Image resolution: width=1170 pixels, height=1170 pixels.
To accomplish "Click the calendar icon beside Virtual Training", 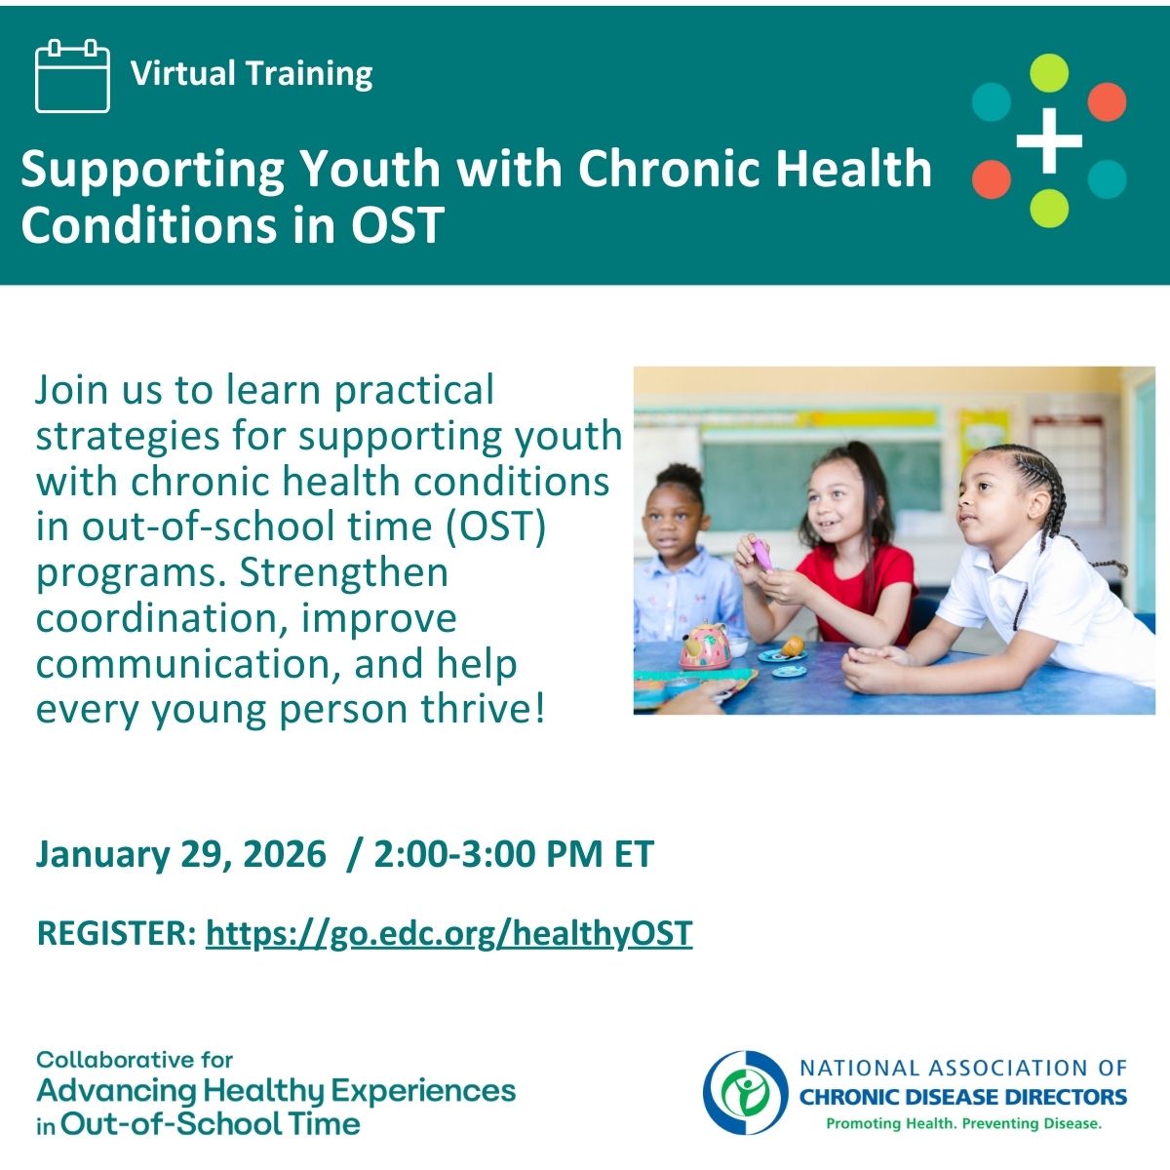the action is [x=73, y=76].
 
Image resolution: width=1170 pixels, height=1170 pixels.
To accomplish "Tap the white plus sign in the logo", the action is [x=1049, y=140].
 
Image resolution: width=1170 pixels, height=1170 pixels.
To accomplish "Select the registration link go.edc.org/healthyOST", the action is [x=448, y=934].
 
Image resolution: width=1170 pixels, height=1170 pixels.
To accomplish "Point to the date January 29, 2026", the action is [x=181, y=855].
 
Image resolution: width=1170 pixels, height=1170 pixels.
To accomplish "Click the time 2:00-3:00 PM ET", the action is [x=514, y=854].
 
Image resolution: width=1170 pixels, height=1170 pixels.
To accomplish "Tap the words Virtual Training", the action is [x=252, y=73].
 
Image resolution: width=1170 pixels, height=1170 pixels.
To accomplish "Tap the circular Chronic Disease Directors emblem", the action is [x=746, y=1093].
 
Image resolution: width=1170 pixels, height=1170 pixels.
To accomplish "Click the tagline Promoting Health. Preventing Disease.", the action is [x=964, y=1124].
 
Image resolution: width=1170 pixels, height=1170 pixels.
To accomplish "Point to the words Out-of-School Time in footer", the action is [x=210, y=1124].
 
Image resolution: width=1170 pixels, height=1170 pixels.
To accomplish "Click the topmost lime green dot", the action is [x=1049, y=73].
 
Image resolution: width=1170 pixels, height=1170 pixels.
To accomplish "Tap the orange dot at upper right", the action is [x=1107, y=102].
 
